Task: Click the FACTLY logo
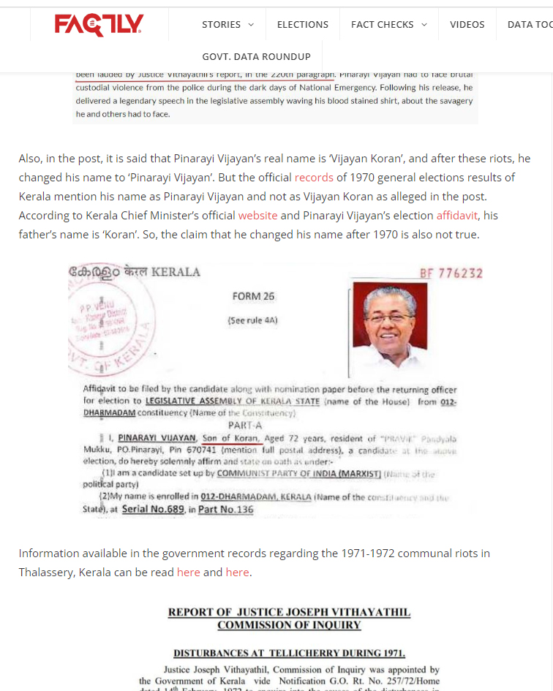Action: pos(99,25)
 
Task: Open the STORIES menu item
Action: pos(227,24)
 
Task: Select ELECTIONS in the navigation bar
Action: pos(302,24)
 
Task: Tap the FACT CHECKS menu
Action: pos(388,24)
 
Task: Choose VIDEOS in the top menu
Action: pos(467,24)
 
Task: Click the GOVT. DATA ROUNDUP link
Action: pos(256,56)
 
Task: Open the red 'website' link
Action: pos(257,216)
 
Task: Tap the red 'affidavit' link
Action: pos(457,216)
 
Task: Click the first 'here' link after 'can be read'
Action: pos(188,572)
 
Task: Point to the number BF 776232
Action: pos(451,273)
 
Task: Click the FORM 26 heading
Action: pos(253,296)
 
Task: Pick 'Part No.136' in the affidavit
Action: pos(226,509)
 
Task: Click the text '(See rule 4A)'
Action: pos(252,320)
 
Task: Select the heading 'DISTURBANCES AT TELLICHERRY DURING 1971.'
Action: pos(289,653)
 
